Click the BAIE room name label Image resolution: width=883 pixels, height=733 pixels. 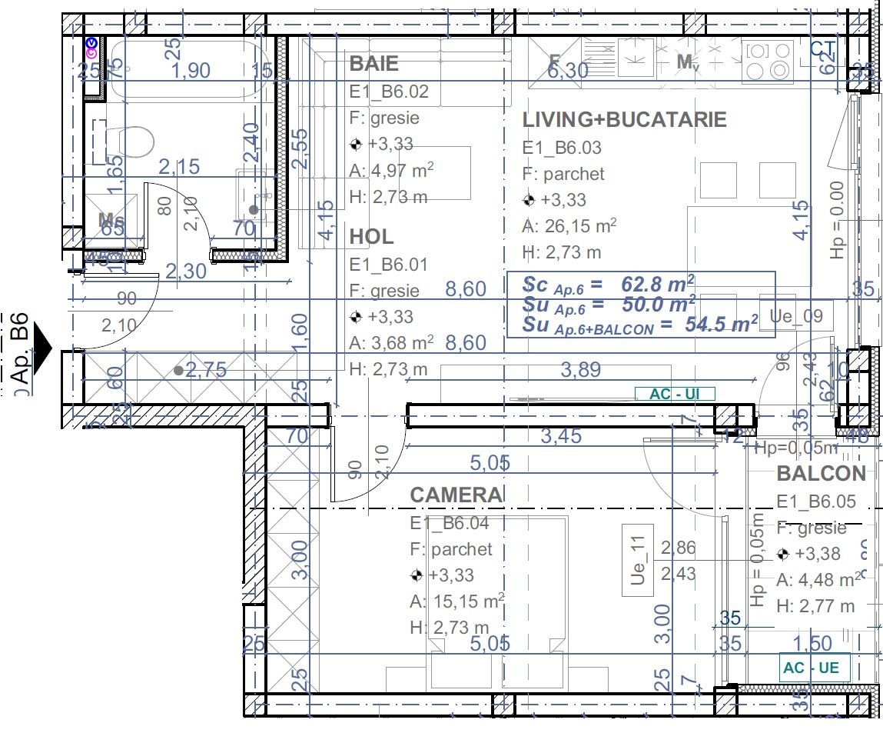(x=374, y=63)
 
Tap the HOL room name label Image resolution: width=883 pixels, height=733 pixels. (x=371, y=236)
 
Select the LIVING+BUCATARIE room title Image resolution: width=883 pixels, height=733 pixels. (x=624, y=120)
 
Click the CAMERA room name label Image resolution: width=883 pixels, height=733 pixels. (x=456, y=495)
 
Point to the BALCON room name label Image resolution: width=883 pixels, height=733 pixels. (x=821, y=474)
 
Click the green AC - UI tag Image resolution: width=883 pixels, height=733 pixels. (x=675, y=395)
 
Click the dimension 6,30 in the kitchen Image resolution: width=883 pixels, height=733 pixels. (x=568, y=71)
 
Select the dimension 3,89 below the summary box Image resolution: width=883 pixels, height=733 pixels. (x=580, y=371)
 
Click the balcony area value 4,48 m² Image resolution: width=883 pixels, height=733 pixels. (x=818, y=580)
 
